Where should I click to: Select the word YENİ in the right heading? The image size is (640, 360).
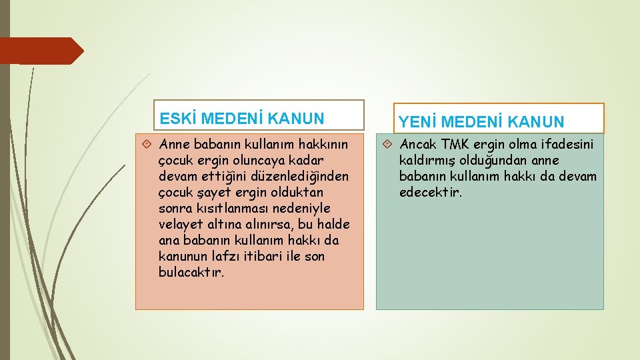point(418,122)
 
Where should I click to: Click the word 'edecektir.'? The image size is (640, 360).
point(431,193)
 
